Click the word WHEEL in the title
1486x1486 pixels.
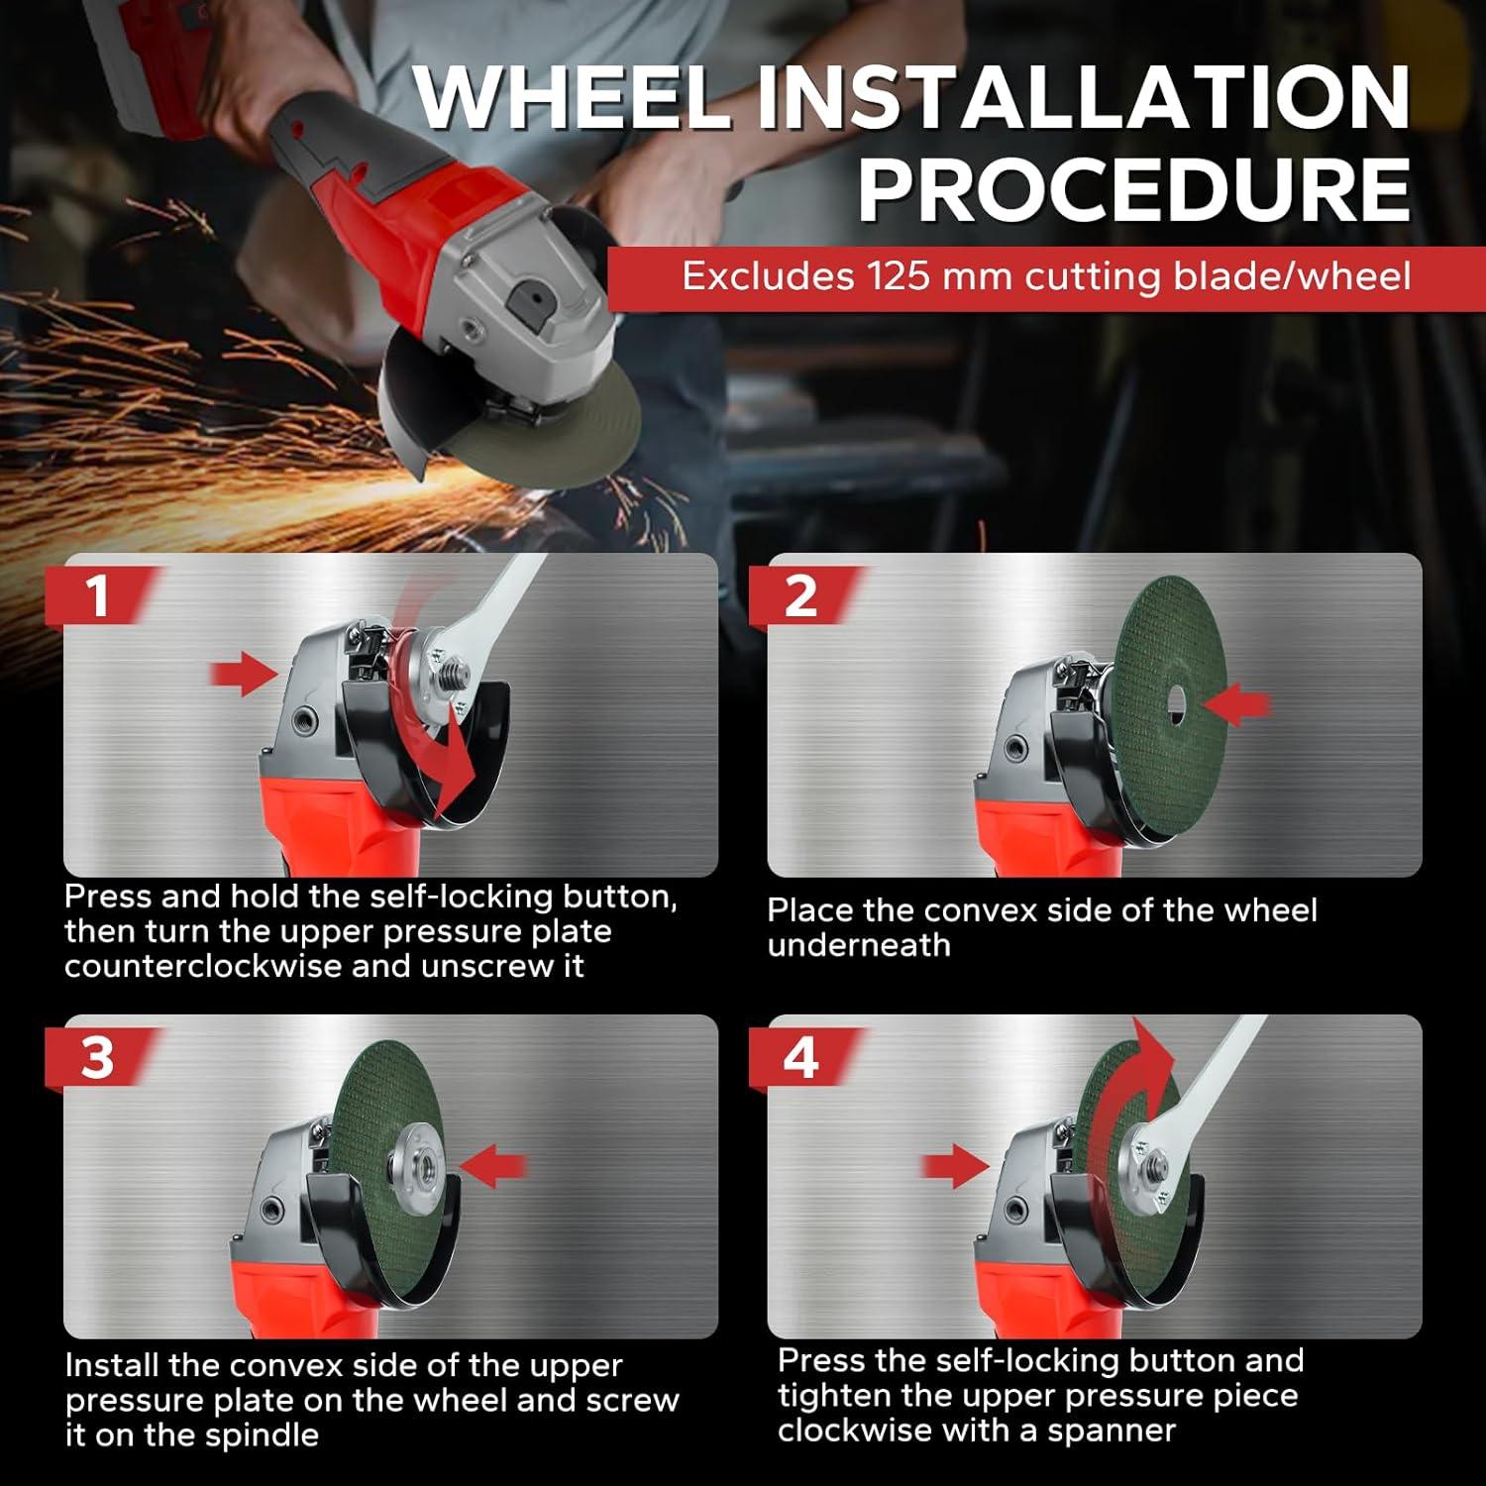tap(572, 97)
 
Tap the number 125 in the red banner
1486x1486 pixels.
tap(900, 276)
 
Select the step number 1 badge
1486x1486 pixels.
tap(96, 596)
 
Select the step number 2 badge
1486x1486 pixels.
tap(800, 596)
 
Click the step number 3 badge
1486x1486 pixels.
tap(96, 1058)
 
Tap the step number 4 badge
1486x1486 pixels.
tap(800, 1058)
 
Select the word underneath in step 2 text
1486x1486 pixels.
tap(859, 945)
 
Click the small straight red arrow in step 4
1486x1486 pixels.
tap(953, 1166)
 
